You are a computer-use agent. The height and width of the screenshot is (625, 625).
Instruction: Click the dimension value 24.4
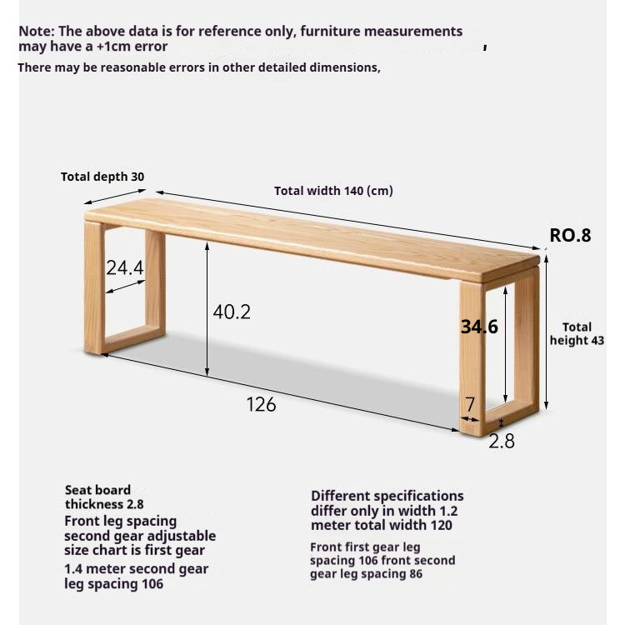(x=124, y=267)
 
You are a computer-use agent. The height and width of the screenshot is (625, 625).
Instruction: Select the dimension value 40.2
(x=232, y=312)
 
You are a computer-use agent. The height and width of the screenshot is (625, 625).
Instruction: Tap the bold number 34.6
(x=479, y=327)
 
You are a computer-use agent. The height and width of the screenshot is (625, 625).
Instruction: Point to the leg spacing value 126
(x=261, y=404)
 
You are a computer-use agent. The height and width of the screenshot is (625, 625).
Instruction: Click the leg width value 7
(x=470, y=404)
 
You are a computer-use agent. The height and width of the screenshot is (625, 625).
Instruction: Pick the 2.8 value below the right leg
(x=501, y=442)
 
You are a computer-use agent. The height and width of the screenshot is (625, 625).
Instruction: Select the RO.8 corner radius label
(x=570, y=235)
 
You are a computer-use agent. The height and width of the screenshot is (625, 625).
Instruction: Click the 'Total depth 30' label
(x=102, y=177)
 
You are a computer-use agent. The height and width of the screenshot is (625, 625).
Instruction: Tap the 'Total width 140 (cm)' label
(x=333, y=191)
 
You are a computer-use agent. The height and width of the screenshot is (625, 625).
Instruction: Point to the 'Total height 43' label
(x=577, y=334)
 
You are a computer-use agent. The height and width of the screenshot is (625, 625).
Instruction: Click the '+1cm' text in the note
(x=103, y=47)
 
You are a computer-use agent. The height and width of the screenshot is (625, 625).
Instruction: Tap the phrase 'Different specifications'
(x=387, y=496)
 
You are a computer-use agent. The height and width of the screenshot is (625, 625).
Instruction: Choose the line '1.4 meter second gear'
(x=136, y=569)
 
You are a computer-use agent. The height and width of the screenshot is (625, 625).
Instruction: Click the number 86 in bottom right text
(x=414, y=574)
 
